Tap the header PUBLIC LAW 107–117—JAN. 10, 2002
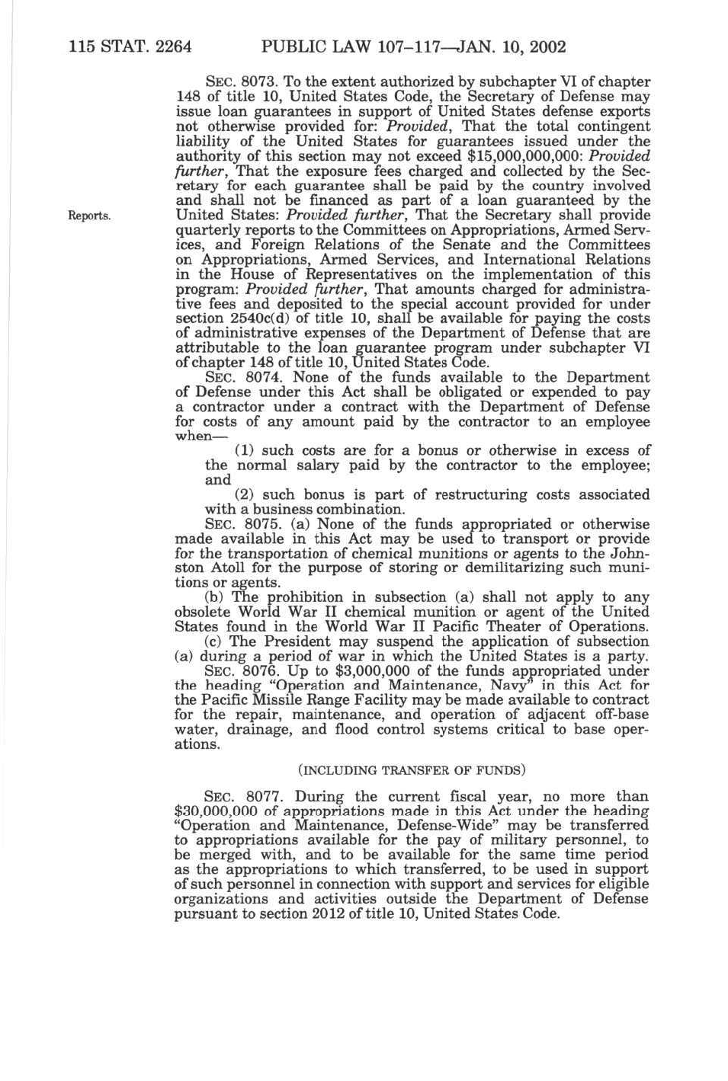413,47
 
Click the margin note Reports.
90,216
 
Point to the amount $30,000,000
221,811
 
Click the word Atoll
225,568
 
